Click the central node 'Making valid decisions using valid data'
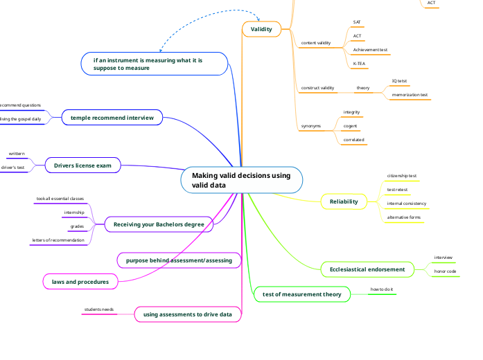pos(241,181)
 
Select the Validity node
pos(261,28)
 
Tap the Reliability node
pos(344,201)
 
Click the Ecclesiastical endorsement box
pos(367,269)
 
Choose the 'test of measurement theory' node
pos(302,294)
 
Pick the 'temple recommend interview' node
pos(112,118)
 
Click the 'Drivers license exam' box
pos(83,165)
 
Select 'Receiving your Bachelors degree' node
pos(159,224)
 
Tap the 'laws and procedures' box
pos(80,282)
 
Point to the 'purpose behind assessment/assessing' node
pos(179,260)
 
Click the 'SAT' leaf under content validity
pos(357,22)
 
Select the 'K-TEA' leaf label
pos(360,63)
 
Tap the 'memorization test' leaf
pos(410,94)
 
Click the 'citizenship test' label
pos(401,176)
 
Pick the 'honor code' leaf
pos(445,271)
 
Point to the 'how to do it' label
pos(381,289)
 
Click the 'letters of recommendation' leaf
pos(58,240)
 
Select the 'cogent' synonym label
pos(351,126)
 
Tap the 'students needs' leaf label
pos(99,309)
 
